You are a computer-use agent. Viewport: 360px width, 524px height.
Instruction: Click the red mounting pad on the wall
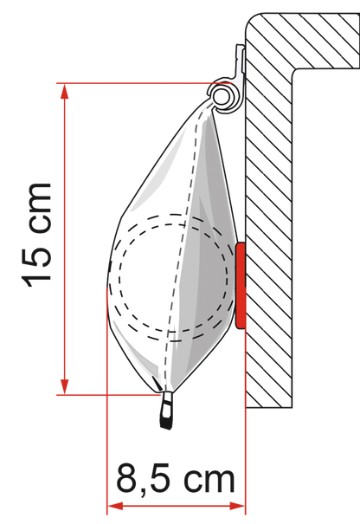pos(241,286)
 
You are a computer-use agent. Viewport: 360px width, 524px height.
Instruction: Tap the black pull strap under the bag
pos(167,410)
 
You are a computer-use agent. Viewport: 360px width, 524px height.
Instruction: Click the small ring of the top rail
pos(221,97)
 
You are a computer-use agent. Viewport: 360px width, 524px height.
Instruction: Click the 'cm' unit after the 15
pos(40,207)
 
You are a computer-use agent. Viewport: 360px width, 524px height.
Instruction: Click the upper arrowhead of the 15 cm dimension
pos(64,91)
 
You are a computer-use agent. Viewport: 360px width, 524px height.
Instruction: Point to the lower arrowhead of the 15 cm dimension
pos(64,387)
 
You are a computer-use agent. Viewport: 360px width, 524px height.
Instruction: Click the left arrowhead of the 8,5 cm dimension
pos(115,506)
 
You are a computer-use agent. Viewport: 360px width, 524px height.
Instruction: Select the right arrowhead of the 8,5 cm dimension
pos(237,506)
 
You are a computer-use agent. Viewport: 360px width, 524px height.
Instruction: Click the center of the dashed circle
pos(174,277)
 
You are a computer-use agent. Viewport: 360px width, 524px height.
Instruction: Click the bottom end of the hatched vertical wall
pos(269,407)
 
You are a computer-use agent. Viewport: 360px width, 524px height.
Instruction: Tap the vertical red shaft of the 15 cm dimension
pos(64,239)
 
